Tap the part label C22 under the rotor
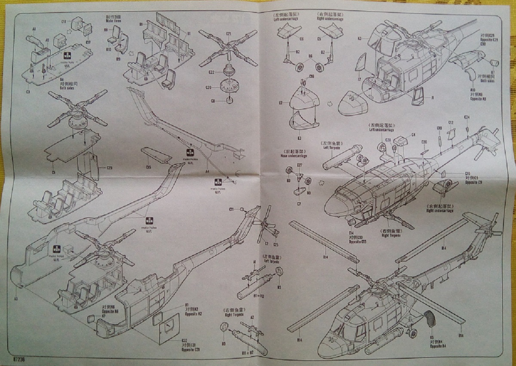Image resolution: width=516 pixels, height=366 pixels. click(x=211, y=72)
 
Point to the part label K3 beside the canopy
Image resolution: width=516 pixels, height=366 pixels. click(x=359, y=39)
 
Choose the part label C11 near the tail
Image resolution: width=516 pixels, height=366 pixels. click(x=231, y=209)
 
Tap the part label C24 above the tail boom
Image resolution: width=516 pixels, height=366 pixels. click(x=467, y=117)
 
